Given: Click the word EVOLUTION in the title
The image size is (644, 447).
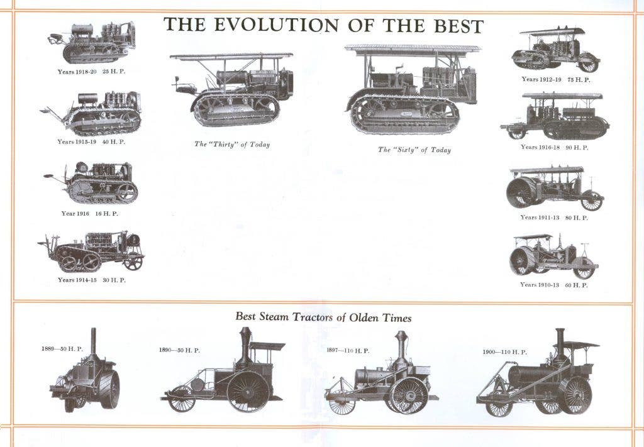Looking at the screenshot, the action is click(277, 25).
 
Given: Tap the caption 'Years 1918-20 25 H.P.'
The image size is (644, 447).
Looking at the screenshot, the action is click(91, 72).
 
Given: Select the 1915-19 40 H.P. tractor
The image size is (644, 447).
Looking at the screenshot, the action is click(91, 113).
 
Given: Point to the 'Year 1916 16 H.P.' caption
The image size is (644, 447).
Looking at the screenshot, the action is click(89, 214).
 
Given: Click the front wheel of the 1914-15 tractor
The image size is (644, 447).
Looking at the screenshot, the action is click(133, 262).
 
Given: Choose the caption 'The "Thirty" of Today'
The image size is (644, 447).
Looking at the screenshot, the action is click(232, 144).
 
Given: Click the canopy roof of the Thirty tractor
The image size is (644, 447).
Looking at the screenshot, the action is click(231, 56).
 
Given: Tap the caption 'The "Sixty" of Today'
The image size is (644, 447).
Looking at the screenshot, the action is click(414, 150).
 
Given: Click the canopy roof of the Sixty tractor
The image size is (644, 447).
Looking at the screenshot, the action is click(413, 48).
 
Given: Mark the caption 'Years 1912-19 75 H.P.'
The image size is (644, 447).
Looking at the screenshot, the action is click(556, 80).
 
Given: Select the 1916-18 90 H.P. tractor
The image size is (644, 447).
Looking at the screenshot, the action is click(555, 116).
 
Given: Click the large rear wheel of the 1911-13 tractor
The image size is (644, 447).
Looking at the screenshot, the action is click(521, 192).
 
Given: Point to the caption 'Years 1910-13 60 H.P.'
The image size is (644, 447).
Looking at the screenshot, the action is click(553, 284).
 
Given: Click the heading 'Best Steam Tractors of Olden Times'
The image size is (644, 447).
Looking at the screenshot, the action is click(323, 317).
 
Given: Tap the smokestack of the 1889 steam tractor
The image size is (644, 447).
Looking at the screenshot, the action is click(93, 341).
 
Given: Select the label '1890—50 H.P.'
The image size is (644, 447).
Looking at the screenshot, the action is click(179, 350).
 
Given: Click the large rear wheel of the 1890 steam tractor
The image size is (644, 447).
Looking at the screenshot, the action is click(248, 392).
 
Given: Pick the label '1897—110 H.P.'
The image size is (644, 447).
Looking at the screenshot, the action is click(348, 351).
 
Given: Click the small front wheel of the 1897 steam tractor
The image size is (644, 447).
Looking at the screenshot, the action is click(342, 402).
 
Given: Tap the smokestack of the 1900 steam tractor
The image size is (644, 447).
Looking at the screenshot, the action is click(560, 342).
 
